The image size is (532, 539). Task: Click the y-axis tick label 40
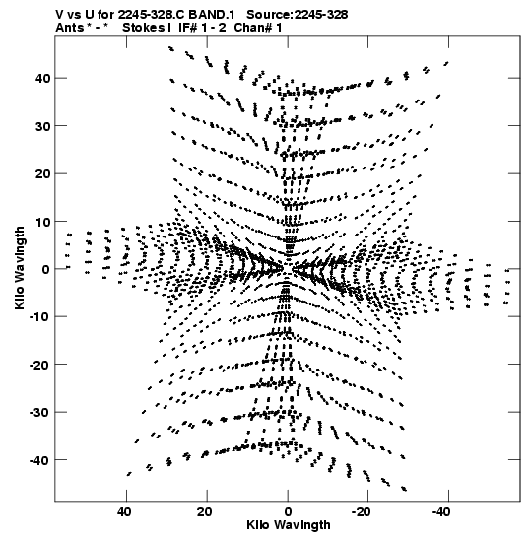point(42,79)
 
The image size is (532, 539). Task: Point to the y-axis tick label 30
point(42,126)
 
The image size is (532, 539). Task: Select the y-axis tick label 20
point(42,174)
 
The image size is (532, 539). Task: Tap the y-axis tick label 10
point(42,222)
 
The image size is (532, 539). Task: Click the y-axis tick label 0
point(46,269)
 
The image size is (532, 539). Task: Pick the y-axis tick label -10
point(39,316)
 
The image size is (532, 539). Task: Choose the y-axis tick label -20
point(39,365)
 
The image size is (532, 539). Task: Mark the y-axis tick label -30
point(39,412)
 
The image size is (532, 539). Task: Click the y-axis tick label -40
point(39,460)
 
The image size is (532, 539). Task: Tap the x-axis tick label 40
point(124,512)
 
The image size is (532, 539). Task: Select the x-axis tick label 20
point(205,512)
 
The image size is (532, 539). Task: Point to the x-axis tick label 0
point(288,512)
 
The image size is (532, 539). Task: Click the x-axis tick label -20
point(362,512)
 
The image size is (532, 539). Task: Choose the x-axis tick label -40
point(441,512)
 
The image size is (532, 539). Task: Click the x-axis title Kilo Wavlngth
point(289,525)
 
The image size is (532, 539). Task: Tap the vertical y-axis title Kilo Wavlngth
point(20,268)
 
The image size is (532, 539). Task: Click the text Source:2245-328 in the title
point(298,15)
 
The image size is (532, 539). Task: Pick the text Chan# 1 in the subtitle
point(258,28)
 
